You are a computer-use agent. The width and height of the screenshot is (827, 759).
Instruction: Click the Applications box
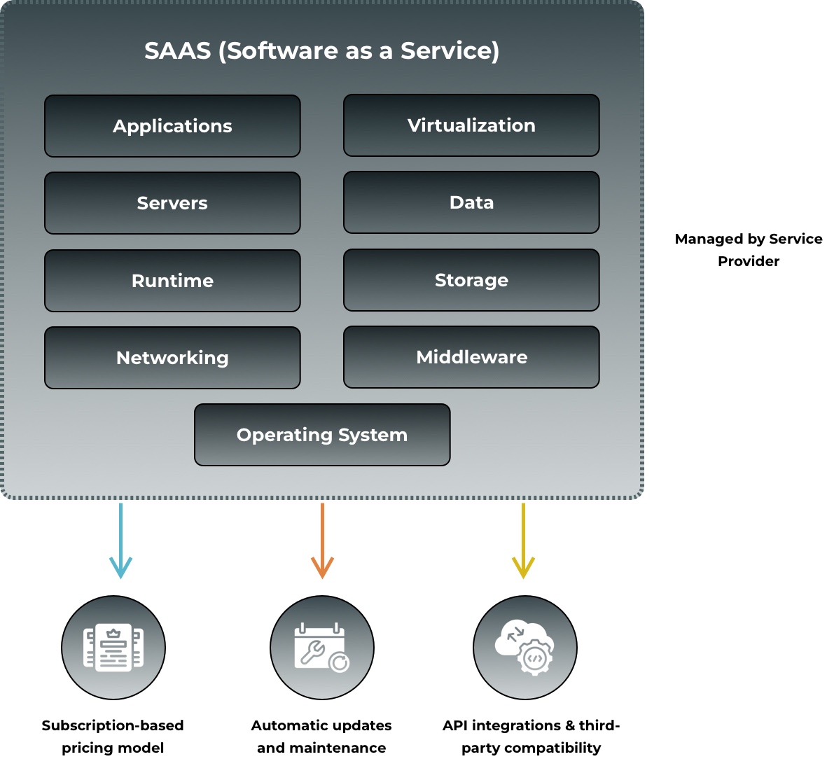click(x=172, y=126)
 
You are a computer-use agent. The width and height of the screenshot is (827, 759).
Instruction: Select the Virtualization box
click(x=471, y=125)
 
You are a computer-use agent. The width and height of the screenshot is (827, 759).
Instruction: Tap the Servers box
click(x=172, y=203)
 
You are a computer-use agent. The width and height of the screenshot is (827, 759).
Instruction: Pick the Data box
click(x=471, y=202)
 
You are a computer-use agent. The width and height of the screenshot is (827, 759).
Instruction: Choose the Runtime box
click(x=172, y=281)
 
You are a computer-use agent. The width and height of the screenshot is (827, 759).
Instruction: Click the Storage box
click(x=471, y=280)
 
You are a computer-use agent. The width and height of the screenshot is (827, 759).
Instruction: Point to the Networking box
click(x=172, y=358)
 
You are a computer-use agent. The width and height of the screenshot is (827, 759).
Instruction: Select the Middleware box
click(x=471, y=357)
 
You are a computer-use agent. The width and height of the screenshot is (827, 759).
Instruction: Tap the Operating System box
click(x=322, y=435)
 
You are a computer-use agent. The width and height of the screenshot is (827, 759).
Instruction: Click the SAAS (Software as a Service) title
click(x=322, y=50)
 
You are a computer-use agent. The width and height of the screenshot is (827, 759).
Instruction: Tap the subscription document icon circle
click(x=113, y=648)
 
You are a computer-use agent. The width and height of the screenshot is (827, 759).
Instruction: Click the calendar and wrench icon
click(x=322, y=648)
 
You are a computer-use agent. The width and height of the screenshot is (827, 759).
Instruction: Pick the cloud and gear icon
click(x=525, y=648)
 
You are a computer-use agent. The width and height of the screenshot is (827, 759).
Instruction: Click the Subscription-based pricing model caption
click(x=113, y=737)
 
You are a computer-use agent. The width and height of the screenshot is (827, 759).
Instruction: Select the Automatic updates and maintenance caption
click(x=321, y=737)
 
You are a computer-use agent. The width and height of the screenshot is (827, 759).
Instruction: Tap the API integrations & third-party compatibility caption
click(x=531, y=737)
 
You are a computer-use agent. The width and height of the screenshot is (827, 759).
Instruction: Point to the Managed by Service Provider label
click(x=749, y=250)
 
